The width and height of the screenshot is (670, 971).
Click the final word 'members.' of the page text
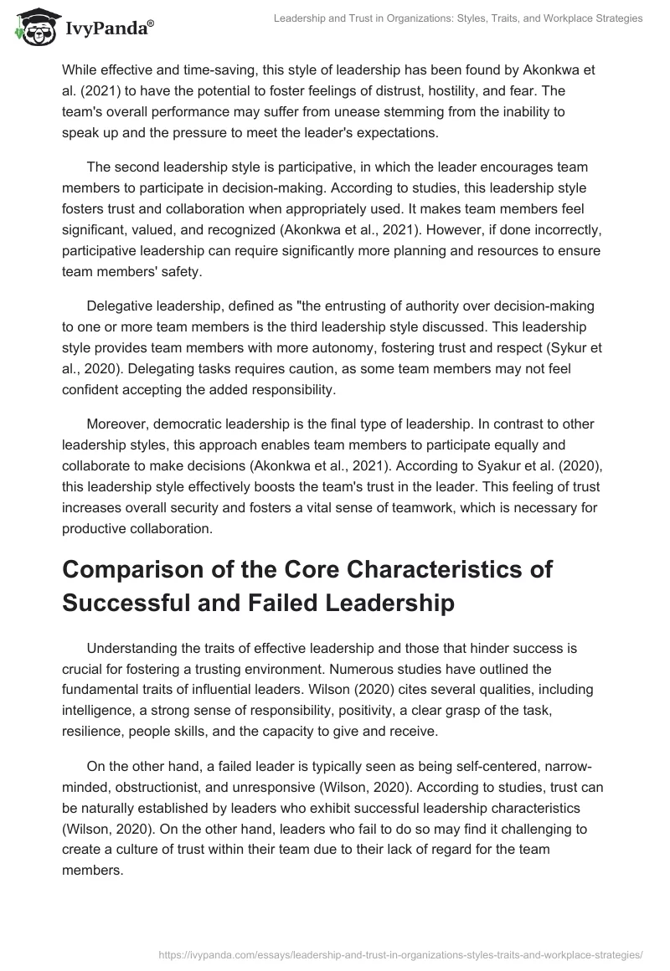(x=92, y=870)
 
